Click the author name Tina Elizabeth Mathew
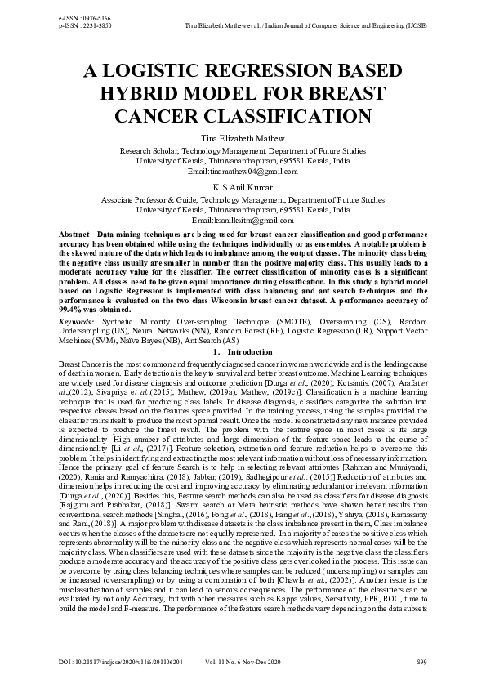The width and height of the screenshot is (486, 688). (243, 139)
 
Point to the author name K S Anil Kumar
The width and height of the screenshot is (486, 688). (243, 187)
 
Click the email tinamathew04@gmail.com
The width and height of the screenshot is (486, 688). (243, 172)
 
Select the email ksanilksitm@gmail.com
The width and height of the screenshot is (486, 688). (243, 221)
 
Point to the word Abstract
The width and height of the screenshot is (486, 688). (75, 235)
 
